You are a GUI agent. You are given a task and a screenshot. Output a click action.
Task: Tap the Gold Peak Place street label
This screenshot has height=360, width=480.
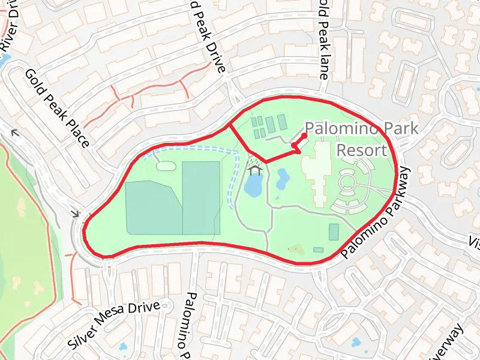pyautogui.click(x=57, y=108)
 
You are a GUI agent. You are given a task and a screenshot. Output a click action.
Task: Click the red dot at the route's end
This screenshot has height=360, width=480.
pyautogui.click(x=304, y=136)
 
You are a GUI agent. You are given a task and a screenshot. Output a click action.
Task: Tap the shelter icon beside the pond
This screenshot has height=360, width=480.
pyautogui.click(x=256, y=170)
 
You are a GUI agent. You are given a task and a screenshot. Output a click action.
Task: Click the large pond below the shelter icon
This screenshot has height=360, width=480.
pyautogui.click(x=253, y=187)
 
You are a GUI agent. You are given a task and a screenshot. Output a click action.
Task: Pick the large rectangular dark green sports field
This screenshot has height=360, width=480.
pyautogui.click(x=200, y=197)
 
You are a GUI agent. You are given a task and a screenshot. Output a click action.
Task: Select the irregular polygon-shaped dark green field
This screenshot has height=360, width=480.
pyautogui.click(x=152, y=207)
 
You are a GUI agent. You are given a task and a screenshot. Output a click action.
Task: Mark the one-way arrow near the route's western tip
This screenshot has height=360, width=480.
pyautogui.click(x=76, y=213)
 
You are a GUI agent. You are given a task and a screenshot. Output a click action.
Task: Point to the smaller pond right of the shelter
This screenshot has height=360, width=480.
pyautogui.click(x=282, y=177)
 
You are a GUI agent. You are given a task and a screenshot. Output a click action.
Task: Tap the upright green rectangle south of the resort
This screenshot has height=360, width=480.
pyautogui.click(x=334, y=232)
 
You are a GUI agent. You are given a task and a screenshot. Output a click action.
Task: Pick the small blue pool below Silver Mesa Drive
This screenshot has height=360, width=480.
pyautogui.click(x=124, y=347)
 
